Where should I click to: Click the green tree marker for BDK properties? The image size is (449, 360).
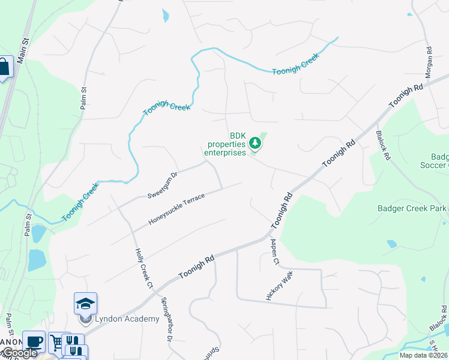click(256, 143)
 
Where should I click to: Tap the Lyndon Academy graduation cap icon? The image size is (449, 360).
click(85, 303)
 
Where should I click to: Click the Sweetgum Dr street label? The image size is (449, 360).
click(163, 185)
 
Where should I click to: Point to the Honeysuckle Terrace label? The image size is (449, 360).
click(177, 209)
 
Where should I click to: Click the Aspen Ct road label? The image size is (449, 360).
click(275, 251)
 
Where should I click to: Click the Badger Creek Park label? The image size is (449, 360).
click(412, 208)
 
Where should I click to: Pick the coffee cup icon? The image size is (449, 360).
click(34, 341)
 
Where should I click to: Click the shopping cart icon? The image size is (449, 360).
click(56, 343)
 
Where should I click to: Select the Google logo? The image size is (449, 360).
click(19, 353)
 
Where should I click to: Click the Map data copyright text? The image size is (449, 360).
click(423, 355)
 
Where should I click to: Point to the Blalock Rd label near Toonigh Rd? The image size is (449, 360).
click(382, 145)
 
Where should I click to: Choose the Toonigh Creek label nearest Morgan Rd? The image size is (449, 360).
click(295, 64)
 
